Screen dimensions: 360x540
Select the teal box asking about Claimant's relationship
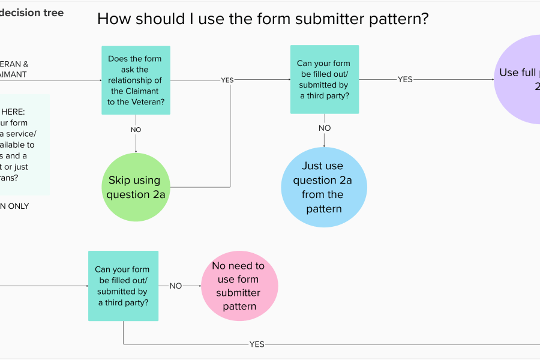pos(136,80)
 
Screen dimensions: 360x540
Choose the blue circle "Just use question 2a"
pos(324,187)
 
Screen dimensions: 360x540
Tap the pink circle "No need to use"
pos(239,286)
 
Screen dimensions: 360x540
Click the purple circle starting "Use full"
pos(517,79)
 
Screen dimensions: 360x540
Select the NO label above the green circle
pos(136,129)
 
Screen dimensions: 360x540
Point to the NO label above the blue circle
pos(325,128)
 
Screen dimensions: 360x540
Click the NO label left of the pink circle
pos(175,286)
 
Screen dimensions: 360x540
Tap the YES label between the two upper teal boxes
pos(227,80)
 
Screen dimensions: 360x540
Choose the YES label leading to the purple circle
pos(405,79)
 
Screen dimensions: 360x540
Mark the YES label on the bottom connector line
pos(257,344)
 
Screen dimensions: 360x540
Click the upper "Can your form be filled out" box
pos(325,79)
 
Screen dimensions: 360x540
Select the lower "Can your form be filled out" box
pos(123,286)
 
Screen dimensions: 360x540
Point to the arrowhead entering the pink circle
pos(199,286)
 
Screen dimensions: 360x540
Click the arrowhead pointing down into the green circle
pos(136,151)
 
